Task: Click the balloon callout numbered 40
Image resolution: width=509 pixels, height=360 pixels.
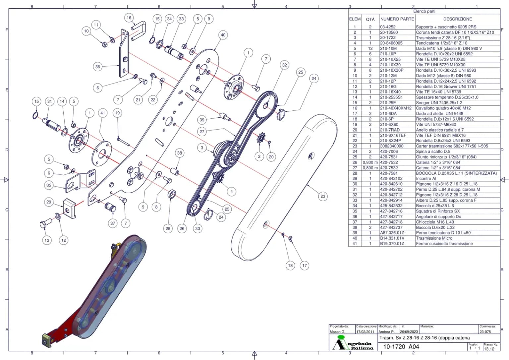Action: tap(223, 35)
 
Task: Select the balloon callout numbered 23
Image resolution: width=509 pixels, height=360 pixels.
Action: tap(323, 196)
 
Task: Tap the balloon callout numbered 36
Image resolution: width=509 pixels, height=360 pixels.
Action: tap(97, 67)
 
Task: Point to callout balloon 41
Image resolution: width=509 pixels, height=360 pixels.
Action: tap(103, 113)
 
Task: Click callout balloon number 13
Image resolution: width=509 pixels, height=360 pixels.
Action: tap(47, 240)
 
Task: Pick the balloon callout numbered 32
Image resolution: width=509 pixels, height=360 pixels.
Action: tap(284, 65)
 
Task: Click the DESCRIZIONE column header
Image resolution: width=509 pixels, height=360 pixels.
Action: tap(457, 19)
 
